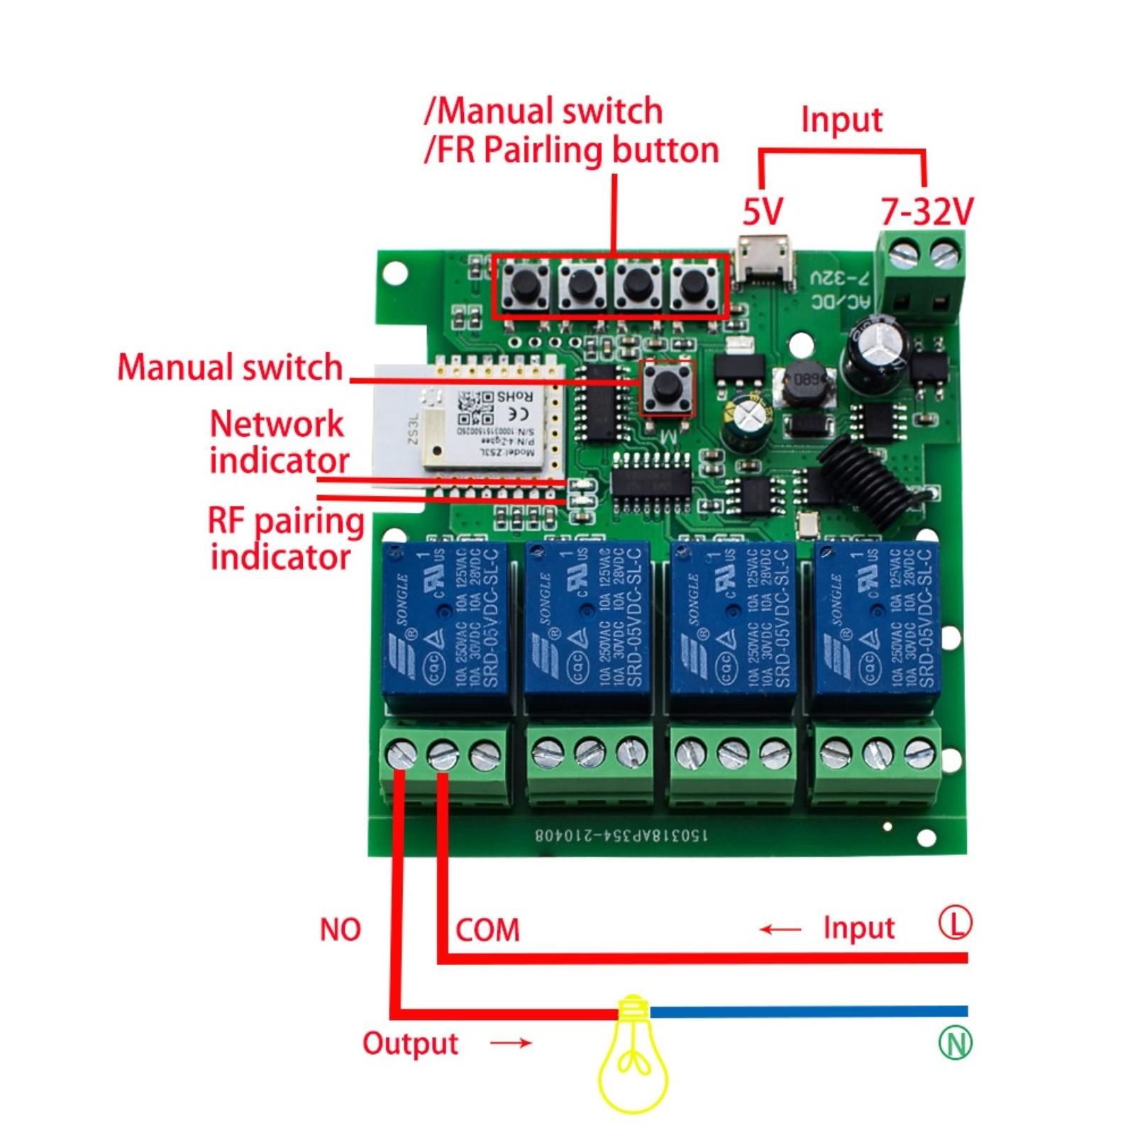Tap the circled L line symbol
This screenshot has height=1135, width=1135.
(955, 923)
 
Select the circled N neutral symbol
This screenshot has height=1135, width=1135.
(955, 1043)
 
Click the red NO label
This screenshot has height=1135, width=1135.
(340, 929)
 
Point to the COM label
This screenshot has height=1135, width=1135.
(487, 930)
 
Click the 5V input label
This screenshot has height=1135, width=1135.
(763, 211)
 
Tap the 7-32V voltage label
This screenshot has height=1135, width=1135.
(926, 211)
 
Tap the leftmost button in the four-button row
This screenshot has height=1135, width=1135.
(526, 286)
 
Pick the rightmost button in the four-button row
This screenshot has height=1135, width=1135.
(694, 286)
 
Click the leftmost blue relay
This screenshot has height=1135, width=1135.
(445, 628)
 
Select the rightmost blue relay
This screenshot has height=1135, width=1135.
(877, 628)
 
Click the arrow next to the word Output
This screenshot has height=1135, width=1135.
(511, 1042)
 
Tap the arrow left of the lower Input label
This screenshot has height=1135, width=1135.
(780, 929)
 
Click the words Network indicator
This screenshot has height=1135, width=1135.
(279, 442)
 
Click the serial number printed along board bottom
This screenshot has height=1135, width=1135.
(621, 835)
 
